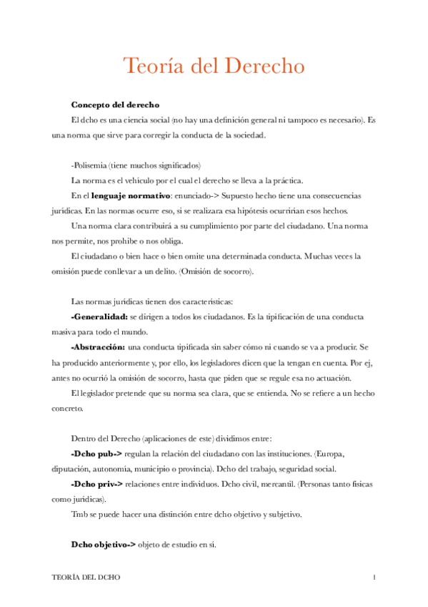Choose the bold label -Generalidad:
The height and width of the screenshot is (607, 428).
coord(99,316)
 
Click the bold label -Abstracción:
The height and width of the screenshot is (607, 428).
coord(99,346)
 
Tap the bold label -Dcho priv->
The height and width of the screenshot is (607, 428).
coord(97,484)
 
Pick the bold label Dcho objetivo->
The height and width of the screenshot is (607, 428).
coord(103,545)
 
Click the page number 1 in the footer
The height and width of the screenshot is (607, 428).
coord(374,577)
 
